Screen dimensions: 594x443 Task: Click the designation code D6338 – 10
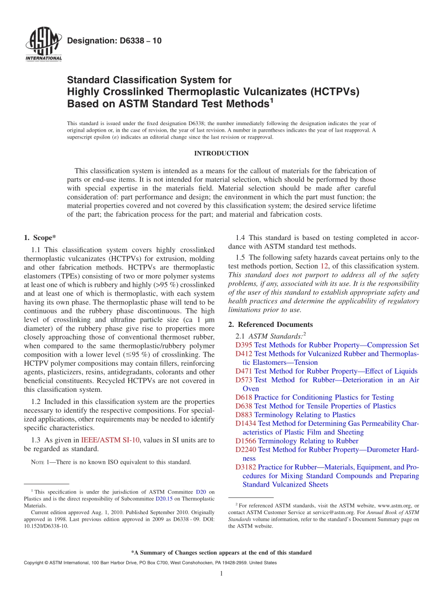114,41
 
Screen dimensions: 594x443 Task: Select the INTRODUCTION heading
221,153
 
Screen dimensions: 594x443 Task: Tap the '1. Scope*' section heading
40,237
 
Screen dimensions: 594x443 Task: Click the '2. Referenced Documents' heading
270,325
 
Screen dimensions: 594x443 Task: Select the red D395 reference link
244,345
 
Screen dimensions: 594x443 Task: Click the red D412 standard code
244,354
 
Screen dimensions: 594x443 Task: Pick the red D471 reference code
244,371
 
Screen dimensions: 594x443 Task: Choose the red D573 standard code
244,380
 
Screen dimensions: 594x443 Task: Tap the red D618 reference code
244,397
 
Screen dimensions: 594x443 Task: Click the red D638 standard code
244,406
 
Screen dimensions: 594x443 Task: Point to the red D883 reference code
244,415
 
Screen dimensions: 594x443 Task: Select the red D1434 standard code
246,424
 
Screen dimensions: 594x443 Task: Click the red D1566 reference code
246,441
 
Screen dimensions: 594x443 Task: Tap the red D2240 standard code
246,450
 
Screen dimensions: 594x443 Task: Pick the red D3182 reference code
246,467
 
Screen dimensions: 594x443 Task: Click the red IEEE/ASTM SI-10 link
110,440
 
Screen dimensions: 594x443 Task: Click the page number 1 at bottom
221,573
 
